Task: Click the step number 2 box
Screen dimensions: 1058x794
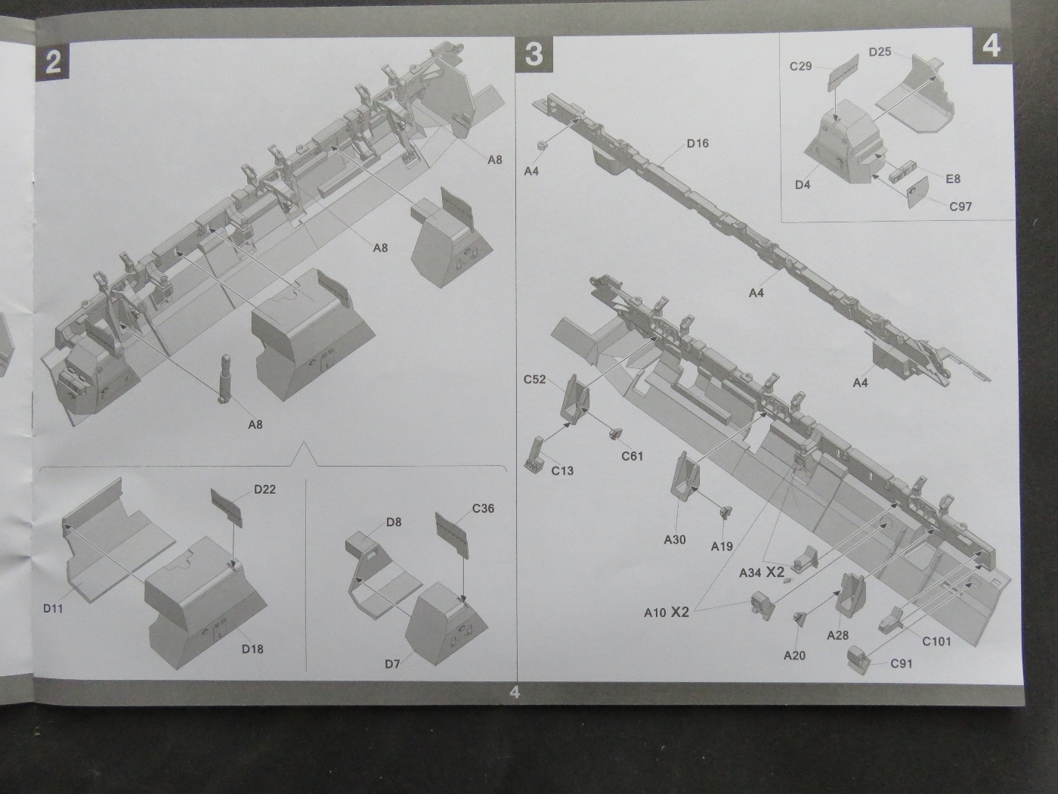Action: pos(53,60)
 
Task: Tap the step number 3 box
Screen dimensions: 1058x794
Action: pos(534,54)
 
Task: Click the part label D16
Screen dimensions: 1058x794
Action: pos(698,144)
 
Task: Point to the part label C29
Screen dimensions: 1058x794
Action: pos(800,67)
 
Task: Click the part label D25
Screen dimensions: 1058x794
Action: pos(880,52)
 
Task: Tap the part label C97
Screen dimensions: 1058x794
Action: pos(961,206)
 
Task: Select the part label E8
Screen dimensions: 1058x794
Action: pos(953,179)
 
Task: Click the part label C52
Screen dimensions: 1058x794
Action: pos(534,380)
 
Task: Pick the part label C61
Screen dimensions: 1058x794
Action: pos(632,456)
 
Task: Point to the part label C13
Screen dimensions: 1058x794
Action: pos(562,471)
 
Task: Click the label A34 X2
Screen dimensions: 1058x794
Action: pos(763,572)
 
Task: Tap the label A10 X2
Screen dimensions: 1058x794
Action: pos(666,613)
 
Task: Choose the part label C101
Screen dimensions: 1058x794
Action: pos(936,642)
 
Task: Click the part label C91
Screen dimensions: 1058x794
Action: pos(902,664)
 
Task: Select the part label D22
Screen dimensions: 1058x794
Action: pos(264,489)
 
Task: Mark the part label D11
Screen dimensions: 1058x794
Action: pos(54,608)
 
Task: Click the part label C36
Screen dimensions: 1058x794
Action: pos(483,508)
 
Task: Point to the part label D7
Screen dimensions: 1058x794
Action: pos(392,665)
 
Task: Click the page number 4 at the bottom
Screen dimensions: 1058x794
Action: pos(515,692)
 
